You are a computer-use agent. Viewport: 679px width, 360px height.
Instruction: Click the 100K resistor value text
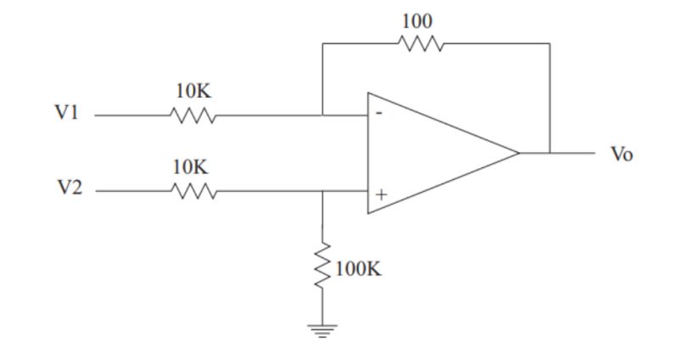click(359, 269)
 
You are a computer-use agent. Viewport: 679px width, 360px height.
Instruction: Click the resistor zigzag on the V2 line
click(194, 192)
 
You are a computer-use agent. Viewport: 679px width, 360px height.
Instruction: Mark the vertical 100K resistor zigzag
click(323, 267)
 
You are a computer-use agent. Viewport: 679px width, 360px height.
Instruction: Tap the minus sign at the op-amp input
click(379, 113)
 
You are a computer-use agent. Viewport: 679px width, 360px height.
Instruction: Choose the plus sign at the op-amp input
click(381, 194)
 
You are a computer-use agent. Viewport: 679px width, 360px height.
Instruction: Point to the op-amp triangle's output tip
click(519, 154)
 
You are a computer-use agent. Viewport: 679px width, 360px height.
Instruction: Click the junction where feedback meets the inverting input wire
click(323, 115)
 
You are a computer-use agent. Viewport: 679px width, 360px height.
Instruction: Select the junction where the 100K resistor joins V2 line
click(323, 192)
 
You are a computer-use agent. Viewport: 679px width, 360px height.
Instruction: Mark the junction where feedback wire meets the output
click(549, 154)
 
